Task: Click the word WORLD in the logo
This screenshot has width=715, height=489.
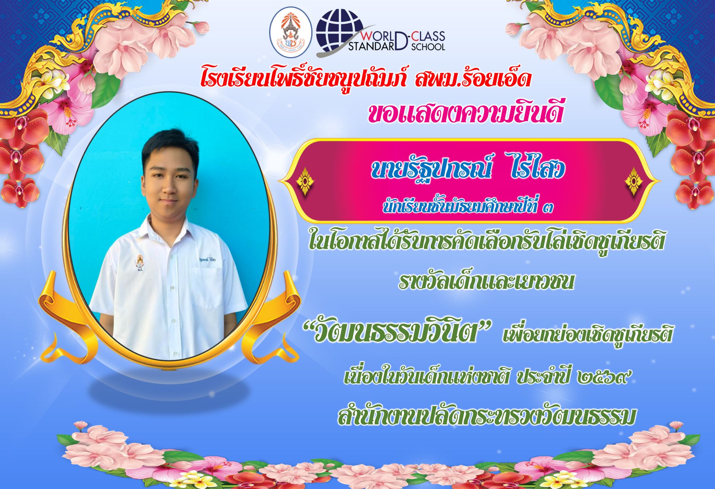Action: (378, 36)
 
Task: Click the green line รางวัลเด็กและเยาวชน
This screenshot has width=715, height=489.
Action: (486, 281)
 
